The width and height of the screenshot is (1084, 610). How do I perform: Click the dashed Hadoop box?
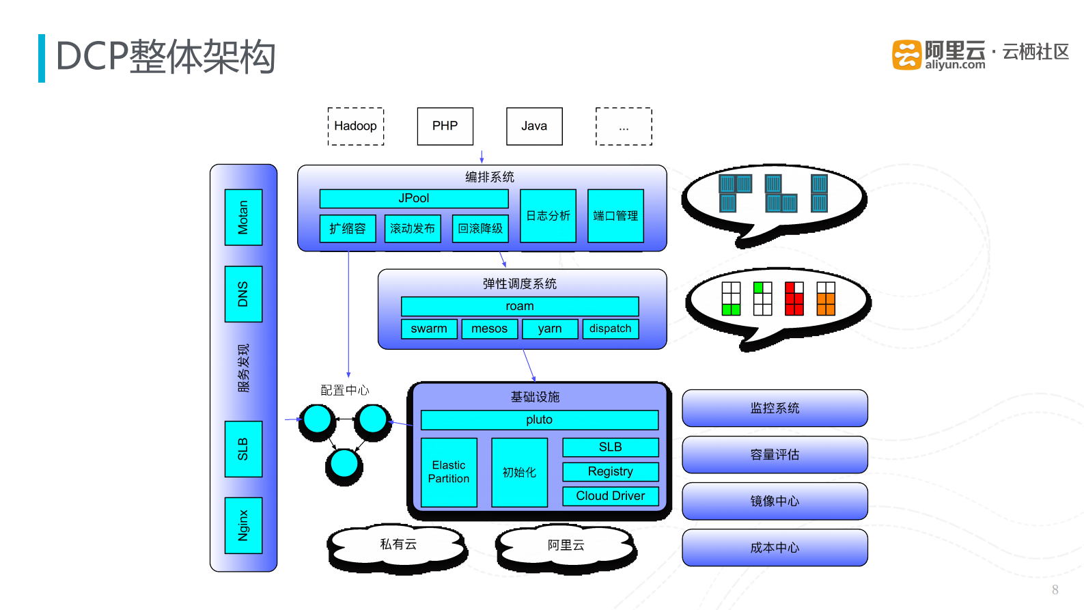point(355,126)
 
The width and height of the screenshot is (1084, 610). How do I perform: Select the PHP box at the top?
point(445,126)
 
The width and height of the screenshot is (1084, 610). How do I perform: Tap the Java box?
point(534,126)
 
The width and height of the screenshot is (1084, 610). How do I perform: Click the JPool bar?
point(414,198)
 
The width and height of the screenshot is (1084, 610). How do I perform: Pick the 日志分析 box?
point(548,216)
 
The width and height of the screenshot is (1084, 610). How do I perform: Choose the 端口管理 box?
point(615,216)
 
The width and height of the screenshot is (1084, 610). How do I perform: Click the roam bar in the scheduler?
point(520,306)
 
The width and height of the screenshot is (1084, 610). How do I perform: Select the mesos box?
point(489,329)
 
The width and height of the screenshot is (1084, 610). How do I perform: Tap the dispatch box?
point(610,329)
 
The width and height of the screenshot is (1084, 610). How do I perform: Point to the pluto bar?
point(539,419)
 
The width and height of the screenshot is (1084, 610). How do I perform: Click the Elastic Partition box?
point(449,472)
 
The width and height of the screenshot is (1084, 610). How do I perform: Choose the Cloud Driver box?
point(610,496)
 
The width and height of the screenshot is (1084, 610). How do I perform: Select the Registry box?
point(610,471)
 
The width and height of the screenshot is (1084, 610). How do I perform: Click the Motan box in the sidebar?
point(243,217)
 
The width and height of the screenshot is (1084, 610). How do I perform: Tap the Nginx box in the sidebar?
point(243,525)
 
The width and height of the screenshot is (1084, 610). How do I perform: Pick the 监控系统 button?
point(775,408)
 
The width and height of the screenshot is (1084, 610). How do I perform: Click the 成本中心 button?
point(775,547)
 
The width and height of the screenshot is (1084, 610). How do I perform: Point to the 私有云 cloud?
point(398,544)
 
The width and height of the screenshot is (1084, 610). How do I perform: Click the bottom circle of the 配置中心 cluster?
point(344,464)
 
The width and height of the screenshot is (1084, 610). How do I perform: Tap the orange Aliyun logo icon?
point(906,55)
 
